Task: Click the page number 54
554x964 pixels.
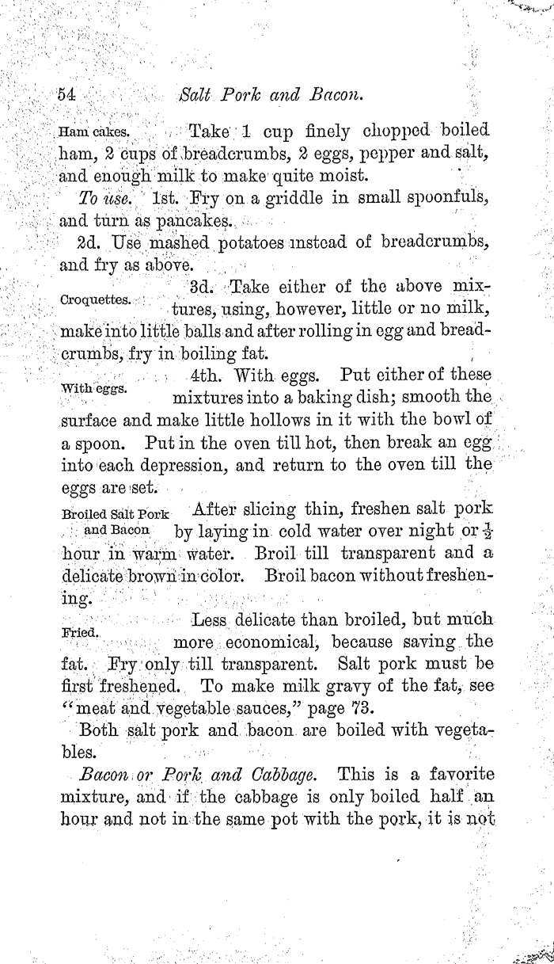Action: click(x=66, y=95)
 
